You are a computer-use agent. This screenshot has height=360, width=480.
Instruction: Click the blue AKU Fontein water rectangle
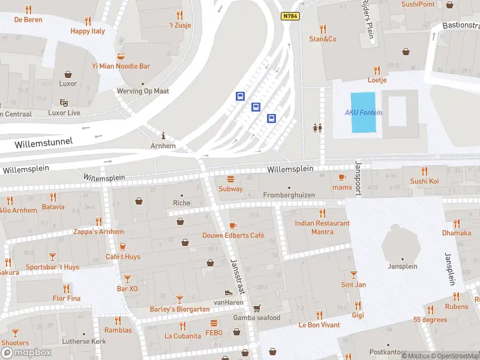pyautogui.click(x=362, y=112)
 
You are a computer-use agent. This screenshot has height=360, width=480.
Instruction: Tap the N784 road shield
pyautogui.click(x=290, y=16)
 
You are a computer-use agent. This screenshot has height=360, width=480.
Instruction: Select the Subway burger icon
pyautogui.click(x=230, y=179)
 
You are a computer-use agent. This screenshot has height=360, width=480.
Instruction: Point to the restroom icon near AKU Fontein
pyautogui.click(x=317, y=127)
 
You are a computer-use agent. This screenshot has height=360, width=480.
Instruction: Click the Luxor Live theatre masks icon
pyautogui.click(x=64, y=103)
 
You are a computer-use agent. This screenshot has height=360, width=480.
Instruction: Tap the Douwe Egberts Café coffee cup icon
pyautogui.click(x=233, y=226)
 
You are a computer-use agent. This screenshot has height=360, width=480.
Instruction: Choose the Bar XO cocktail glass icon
pyautogui.click(x=127, y=278)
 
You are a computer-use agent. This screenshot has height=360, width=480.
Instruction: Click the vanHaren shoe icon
pyautogui.click(x=228, y=292)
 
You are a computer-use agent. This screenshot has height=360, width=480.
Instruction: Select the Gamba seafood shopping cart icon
pyautogui.click(x=257, y=308)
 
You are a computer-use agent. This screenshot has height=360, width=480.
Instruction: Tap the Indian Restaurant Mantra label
pyautogui.click(x=322, y=227)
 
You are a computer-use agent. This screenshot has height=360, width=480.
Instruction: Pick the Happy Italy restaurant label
pyautogui.click(x=88, y=31)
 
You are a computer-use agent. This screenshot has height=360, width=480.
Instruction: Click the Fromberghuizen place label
pyautogui.click(x=289, y=196)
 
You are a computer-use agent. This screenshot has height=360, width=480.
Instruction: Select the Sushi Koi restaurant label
pyautogui.click(x=424, y=181)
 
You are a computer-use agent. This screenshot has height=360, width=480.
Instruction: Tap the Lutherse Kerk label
pyautogui.click(x=85, y=341)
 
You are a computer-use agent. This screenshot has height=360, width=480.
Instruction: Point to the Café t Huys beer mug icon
pyautogui.click(x=123, y=247)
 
